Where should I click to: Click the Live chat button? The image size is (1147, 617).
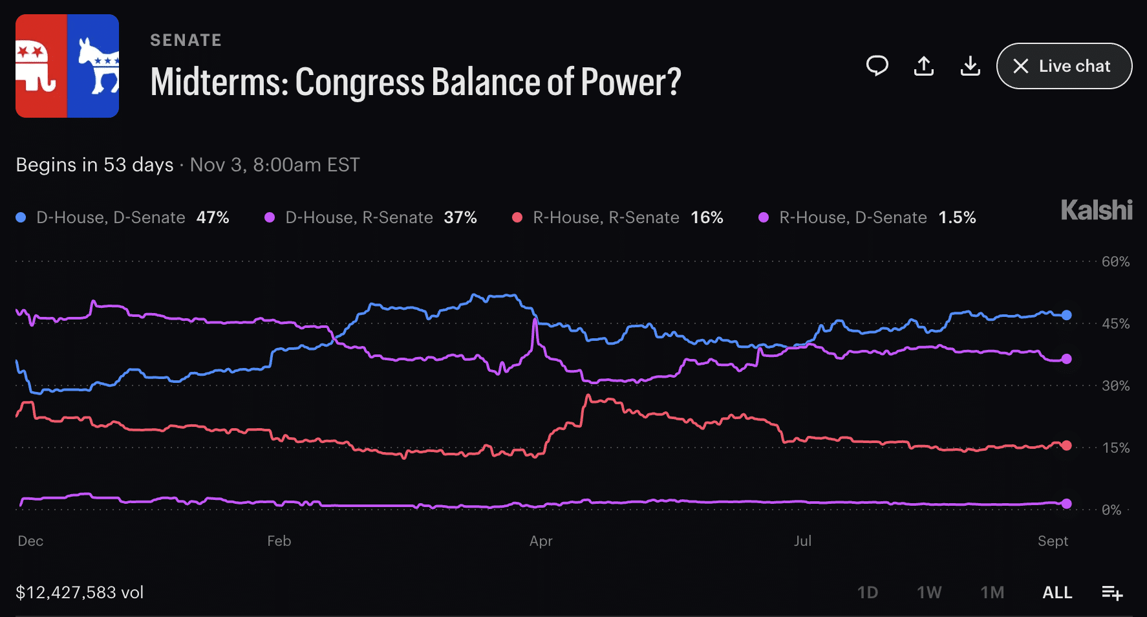[1064, 66]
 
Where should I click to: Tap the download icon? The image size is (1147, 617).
[970, 66]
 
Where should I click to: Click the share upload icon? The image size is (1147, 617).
[924, 66]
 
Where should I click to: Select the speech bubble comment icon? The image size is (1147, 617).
[877, 66]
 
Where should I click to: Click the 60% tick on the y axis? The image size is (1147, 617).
[1116, 262]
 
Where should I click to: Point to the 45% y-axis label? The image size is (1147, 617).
[1116, 324]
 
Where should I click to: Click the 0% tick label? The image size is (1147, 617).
[1112, 510]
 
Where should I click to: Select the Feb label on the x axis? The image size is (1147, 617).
[279, 541]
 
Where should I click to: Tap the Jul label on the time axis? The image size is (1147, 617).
[803, 541]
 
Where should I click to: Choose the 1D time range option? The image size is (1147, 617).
[868, 592]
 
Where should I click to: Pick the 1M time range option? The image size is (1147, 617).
[992, 592]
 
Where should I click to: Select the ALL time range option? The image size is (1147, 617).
[1058, 592]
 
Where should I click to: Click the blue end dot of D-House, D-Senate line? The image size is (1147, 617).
[1067, 315]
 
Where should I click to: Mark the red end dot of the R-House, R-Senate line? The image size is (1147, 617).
[1067, 446]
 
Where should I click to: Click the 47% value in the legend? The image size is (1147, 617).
[213, 217]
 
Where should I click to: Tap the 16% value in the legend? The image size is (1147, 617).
[707, 217]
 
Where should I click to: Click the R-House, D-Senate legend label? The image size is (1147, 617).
[853, 217]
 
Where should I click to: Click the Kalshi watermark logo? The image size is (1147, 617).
[1097, 210]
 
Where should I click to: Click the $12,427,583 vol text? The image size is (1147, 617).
[80, 592]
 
